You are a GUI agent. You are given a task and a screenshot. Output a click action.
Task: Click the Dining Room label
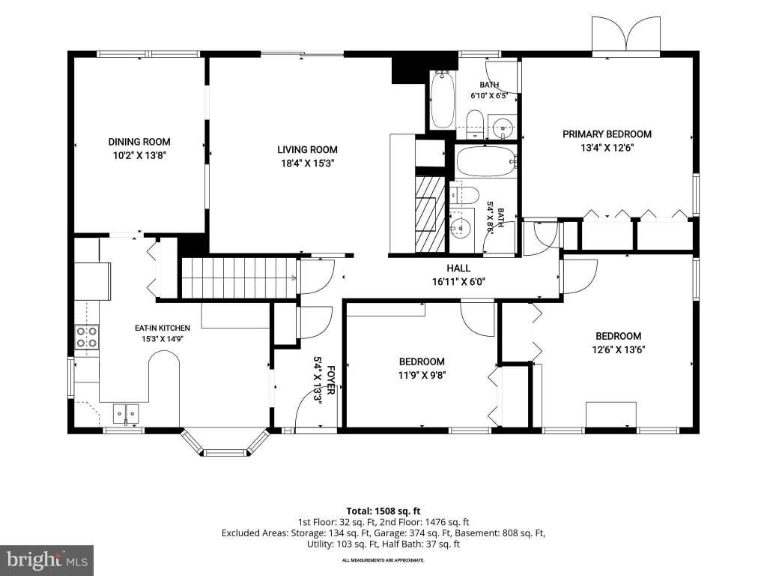tap(139, 142)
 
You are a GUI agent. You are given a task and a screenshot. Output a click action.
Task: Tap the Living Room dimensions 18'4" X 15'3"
tap(307, 163)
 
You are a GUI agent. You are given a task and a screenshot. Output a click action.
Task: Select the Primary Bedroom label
tap(607, 134)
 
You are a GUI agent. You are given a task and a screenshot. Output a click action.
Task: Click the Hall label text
tap(458, 268)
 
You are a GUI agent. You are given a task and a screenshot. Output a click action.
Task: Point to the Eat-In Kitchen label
tap(163, 328)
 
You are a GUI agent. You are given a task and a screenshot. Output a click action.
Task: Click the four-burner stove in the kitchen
tap(87, 337)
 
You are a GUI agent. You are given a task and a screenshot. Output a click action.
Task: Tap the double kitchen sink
tap(126, 414)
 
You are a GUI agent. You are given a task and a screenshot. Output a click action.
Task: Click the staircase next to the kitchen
tap(239, 277)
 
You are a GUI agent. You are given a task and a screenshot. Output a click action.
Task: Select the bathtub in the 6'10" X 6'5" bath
tap(442, 100)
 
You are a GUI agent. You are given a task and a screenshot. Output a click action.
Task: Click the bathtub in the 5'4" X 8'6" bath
tap(485, 161)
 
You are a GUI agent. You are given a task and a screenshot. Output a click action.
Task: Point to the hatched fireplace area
tap(430, 214)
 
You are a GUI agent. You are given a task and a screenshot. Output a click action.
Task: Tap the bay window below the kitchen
tap(225, 444)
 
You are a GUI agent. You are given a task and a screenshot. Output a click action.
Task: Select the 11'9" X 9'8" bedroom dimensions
tap(422, 376)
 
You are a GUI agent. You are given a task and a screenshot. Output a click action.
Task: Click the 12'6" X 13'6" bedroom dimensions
tap(618, 349)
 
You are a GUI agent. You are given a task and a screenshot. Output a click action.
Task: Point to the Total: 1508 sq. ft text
tap(383, 511)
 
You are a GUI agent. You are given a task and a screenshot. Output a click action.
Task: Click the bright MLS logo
tap(47, 559)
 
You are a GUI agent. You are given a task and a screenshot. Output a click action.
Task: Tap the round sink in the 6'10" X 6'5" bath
tap(503, 127)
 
